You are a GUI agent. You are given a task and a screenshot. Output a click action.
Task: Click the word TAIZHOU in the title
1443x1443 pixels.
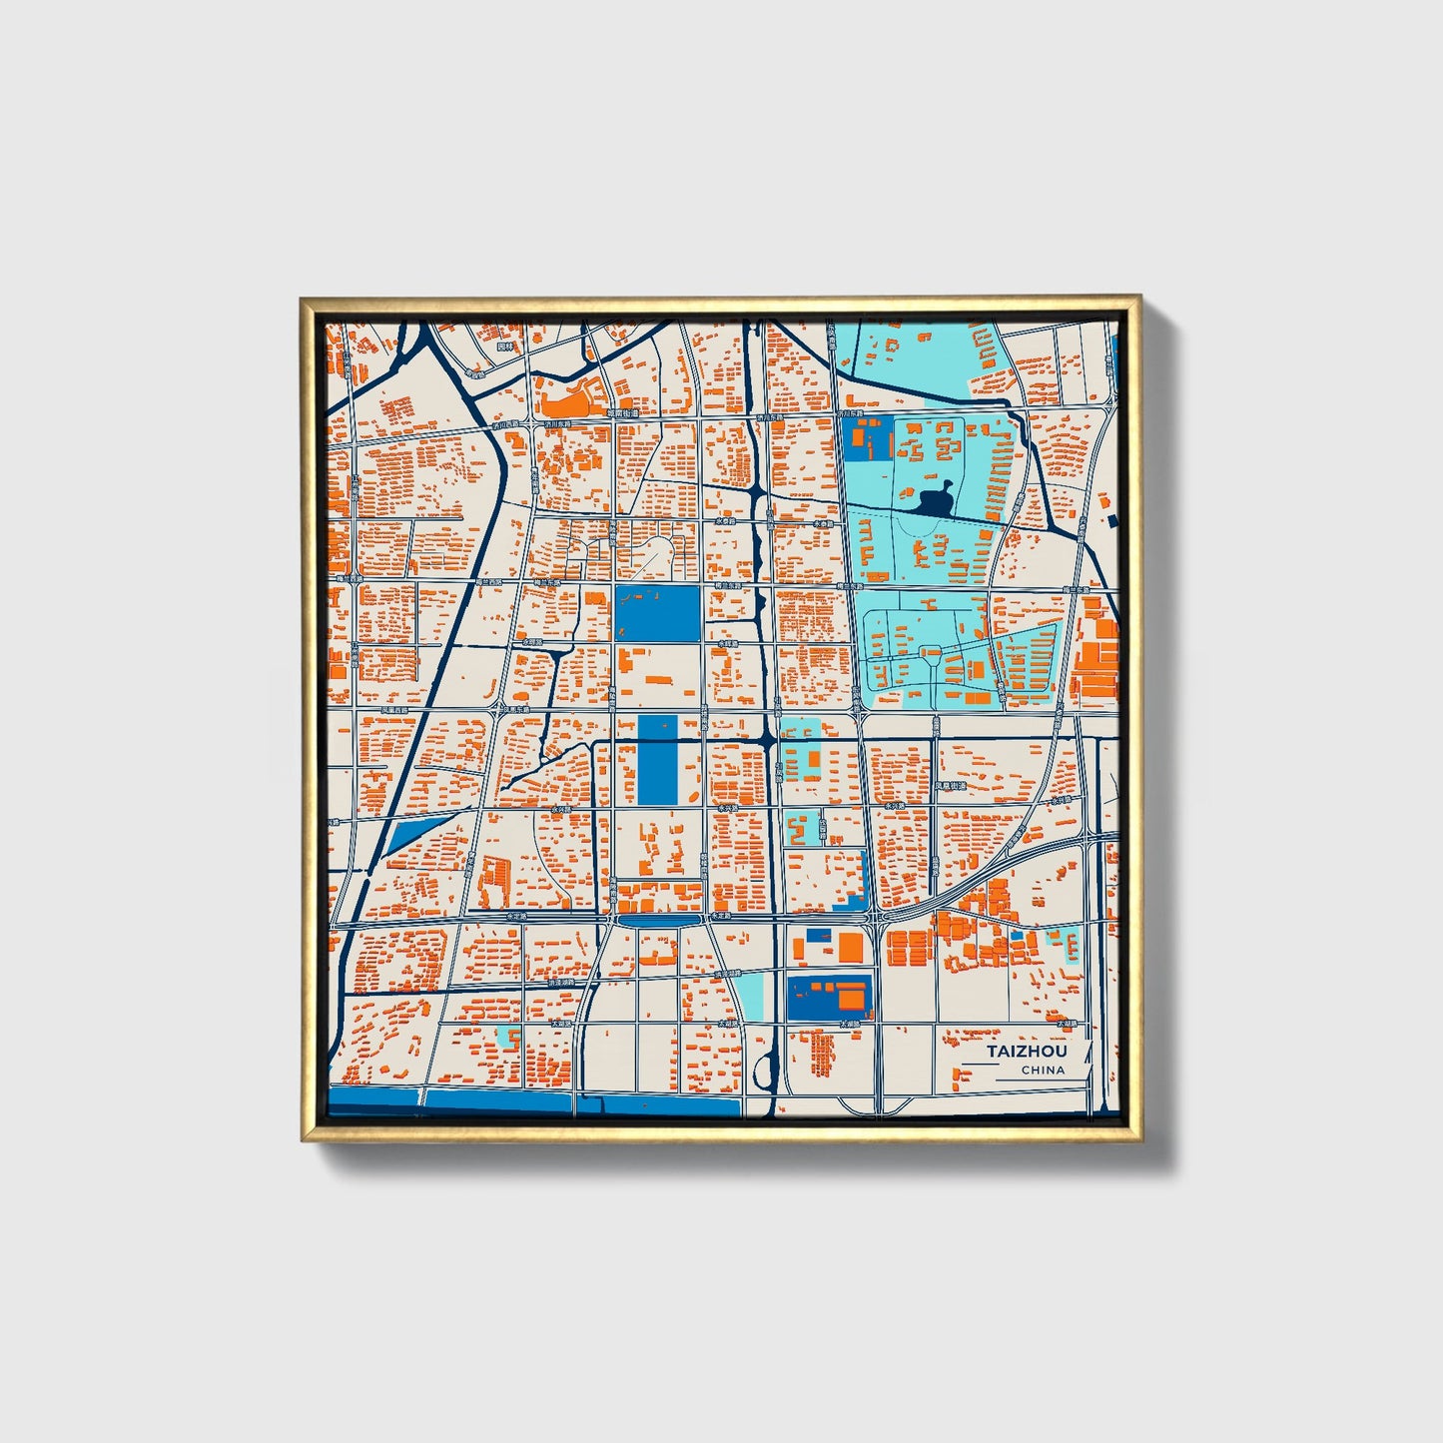click(x=1027, y=1052)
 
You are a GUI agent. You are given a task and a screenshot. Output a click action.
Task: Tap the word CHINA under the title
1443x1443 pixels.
click(x=1043, y=1071)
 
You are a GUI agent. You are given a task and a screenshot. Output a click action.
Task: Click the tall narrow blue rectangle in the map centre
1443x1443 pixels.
click(x=655, y=760)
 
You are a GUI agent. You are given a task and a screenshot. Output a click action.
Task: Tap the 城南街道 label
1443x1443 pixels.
click(x=622, y=412)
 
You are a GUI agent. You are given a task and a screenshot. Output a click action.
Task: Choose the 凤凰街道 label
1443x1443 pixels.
click(x=951, y=786)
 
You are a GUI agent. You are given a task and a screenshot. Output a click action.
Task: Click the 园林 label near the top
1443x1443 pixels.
click(x=504, y=347)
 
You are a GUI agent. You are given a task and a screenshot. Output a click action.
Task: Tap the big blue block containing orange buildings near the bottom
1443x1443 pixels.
click(x=829, y=997)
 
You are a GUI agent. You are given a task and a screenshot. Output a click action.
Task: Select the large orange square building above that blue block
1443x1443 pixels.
click(x=850, y=946)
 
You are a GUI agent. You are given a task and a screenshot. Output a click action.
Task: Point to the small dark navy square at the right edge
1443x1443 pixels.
click(x=1111, y=521)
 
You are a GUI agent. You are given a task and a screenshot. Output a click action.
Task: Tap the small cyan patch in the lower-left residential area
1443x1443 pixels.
click(x=508, y=1037)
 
